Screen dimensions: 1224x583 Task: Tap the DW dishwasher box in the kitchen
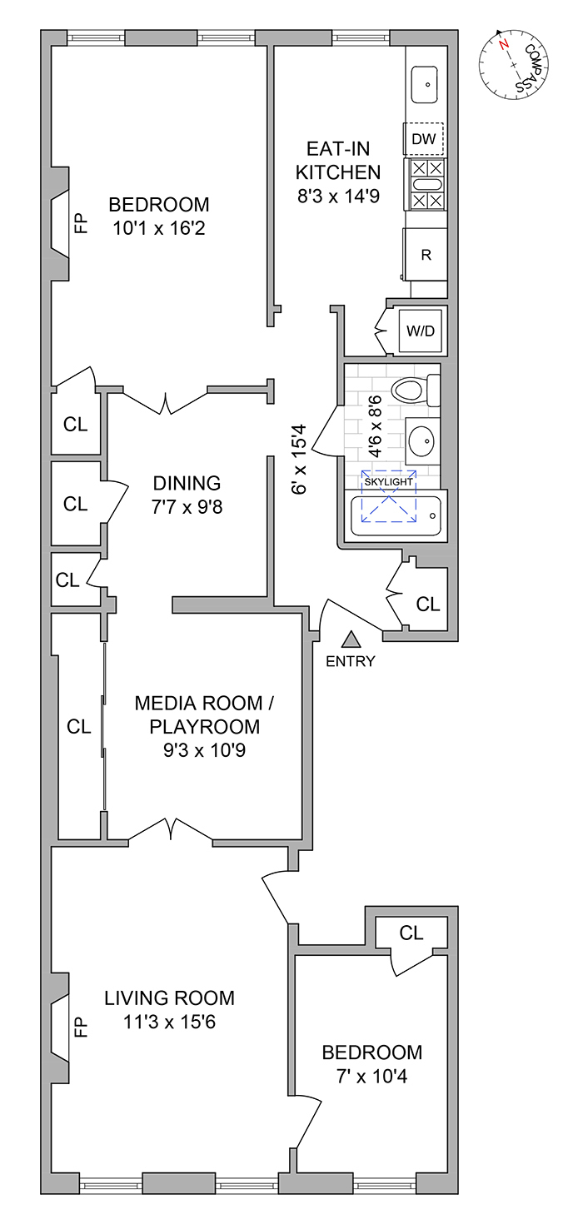click(x=424, y=139)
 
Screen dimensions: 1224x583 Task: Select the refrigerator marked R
click(x=426, y=255)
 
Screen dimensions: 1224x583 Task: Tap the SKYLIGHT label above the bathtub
click(x=389, y=481)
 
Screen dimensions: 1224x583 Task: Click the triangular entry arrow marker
click(x=351, y=639)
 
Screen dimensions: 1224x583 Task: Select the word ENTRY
click(x=351, y=662)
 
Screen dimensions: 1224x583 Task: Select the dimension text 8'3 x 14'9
click(x=339, y=198)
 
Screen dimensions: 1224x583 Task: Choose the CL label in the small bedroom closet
click(x=411, y=933)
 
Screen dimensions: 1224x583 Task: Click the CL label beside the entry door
click(x=428, y=605)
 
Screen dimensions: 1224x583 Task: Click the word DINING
click(x=187, y=483)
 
